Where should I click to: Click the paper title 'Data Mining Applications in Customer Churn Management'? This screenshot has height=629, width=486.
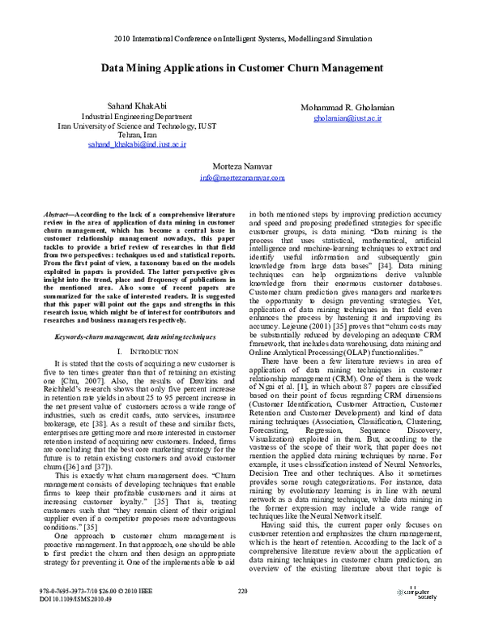[x=242, y=70]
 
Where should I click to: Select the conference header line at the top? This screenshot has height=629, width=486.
[x=242, y=38]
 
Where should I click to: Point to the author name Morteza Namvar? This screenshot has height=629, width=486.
[x=242, y=165]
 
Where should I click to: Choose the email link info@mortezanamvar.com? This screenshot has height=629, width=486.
[x=242, y=176]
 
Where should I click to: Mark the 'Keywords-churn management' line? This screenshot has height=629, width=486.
[x=123, y=335]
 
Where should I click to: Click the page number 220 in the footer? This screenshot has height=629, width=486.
[x=242, y=591]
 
